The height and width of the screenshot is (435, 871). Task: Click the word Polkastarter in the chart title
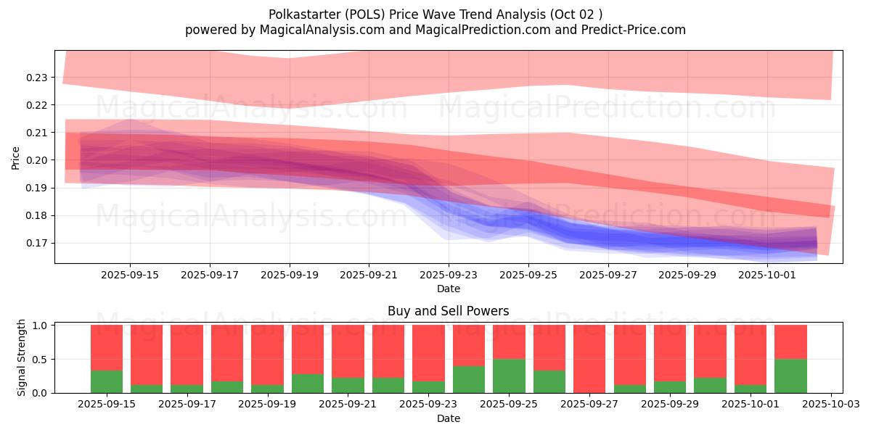[301, 14]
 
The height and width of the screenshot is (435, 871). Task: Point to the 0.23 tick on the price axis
[37, 78]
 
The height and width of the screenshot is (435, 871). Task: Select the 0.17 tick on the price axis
[37, 244]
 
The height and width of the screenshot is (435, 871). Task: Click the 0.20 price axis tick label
[37, 160]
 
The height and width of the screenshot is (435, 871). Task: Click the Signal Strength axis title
[22, 357]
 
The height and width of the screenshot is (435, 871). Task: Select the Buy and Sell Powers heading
[448, 311]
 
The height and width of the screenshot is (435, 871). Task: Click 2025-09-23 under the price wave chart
[449, 275]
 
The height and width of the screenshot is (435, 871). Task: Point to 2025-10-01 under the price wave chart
[768, 275]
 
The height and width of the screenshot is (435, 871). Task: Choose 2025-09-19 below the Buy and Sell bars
[267, 404]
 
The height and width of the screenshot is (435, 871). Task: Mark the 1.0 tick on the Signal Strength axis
[41, 326]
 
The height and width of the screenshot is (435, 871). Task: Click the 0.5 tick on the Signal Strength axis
[41, 360]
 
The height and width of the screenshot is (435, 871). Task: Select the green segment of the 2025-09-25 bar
[509, 376]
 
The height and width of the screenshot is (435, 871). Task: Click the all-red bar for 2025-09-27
[589, 359]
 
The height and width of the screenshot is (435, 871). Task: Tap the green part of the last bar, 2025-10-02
[790, 376]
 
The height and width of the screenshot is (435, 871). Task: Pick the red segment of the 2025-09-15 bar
[107, 347]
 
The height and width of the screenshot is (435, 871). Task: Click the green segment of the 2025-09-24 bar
[469, 379]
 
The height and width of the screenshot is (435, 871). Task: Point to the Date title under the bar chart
[448, 418]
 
